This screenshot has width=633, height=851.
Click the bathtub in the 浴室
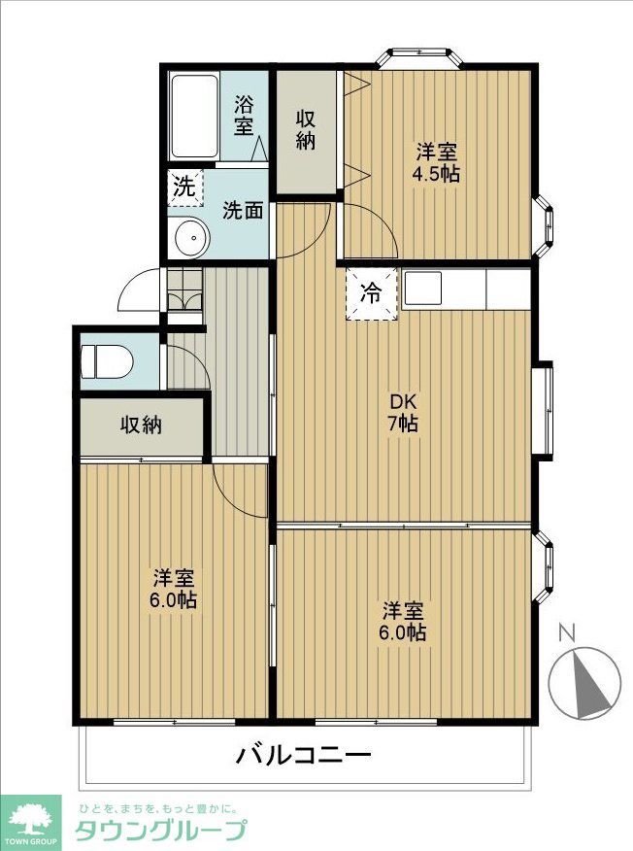click(195, 117)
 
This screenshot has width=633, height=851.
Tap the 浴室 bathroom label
click(244, 116)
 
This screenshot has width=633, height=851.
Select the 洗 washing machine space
click(182, 186)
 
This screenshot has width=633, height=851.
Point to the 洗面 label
click(242, 209)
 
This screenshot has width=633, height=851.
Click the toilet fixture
click(104, 361)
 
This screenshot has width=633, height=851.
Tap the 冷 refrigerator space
click(371, 289)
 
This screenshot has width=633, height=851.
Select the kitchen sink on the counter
click(422, 287)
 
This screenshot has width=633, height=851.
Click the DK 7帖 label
click(404, 412)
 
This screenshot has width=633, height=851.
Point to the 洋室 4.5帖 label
click(438, 162)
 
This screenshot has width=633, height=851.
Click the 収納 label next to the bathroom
click(306, 130)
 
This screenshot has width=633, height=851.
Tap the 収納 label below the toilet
click(141, 425)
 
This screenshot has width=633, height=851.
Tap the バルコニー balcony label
click(303, 756)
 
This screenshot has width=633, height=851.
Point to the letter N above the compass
click(568, 633)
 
